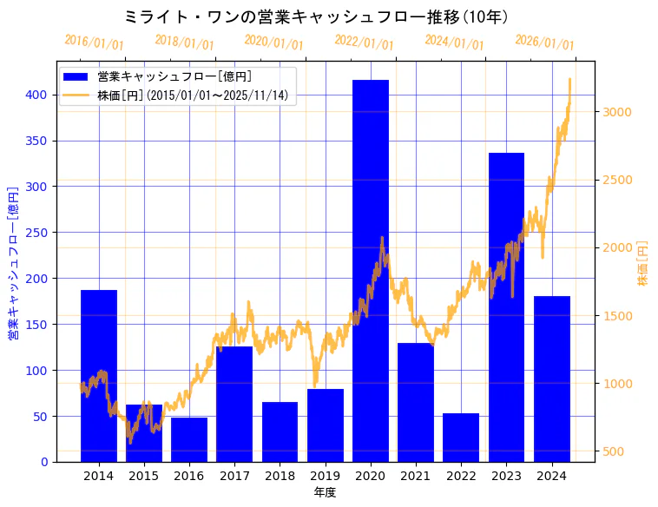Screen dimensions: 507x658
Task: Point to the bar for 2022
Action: point(461,438)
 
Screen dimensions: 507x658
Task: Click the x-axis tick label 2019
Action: point(325,476)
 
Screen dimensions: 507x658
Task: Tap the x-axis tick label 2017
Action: point(234,476)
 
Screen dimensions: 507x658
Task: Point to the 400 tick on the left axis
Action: point(39,95)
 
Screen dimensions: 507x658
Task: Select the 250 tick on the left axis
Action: point(39,233)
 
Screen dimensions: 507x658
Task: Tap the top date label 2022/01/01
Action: point(364,43)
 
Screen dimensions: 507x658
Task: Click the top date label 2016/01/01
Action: point(94,43)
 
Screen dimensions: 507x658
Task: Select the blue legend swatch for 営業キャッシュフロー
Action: point(76,77)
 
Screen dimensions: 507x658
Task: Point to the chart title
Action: point(316,17)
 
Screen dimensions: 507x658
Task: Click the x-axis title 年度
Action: point(325,492)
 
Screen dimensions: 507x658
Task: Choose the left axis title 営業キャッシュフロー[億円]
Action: point(14,263)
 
